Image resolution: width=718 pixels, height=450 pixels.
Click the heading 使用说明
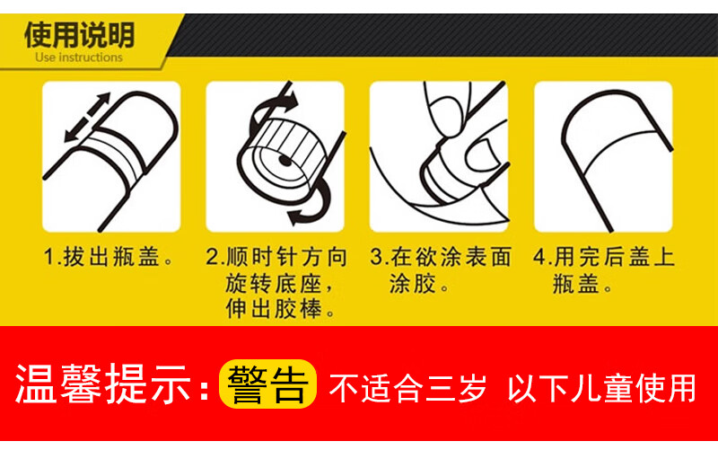tap(79, 35)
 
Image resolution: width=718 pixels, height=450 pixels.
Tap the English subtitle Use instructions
tap(79, 57)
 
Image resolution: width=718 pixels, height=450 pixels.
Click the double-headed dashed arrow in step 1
tap(87, 118)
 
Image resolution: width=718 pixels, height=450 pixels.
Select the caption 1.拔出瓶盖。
tap(109, 257)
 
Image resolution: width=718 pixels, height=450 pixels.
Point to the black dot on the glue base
tap(285, 161)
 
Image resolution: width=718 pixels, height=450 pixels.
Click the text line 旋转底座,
tap(279, 284)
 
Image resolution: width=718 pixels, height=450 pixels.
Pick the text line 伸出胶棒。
tap(280, 309)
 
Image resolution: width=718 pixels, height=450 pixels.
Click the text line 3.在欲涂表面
tap(441, 257)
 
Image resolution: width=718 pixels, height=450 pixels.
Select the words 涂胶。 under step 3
tap(419, 284)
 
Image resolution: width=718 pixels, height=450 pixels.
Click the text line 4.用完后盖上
tap(604, 257)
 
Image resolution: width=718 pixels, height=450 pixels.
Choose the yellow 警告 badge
tap(267, 384)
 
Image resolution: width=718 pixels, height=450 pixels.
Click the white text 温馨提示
tap(102, 384)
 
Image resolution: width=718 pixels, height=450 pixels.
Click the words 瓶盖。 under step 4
tap(582, 284)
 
